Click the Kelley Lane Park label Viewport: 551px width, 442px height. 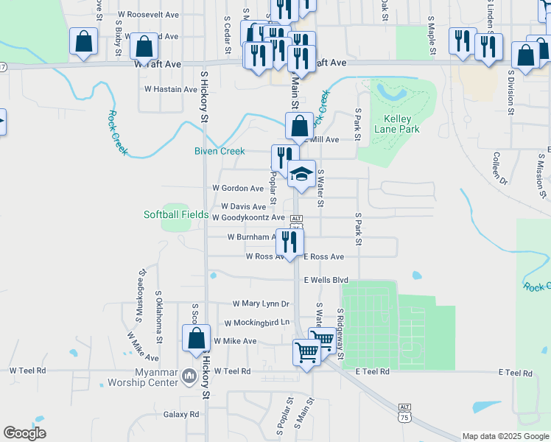point(397,124)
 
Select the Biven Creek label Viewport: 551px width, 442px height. point(220,151)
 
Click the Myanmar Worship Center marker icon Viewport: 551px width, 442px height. point(189,376)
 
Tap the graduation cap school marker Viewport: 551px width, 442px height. point(301,175)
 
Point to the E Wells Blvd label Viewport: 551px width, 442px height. point(326,280)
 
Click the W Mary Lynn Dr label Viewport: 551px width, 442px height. point(261,304)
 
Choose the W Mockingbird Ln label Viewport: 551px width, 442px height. point(258,323)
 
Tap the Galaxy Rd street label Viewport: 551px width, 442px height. point(181,415)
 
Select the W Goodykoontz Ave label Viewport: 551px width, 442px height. point(248,218)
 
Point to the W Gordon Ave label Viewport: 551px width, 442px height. point(238,188)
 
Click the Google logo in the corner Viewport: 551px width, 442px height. point(24,433)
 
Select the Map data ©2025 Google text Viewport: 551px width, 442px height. point(505,436)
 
